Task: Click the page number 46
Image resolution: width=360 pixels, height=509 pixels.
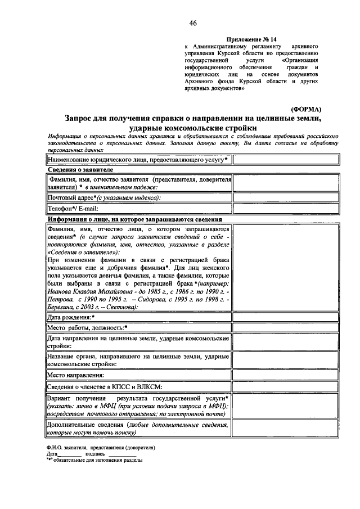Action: coord(193,23)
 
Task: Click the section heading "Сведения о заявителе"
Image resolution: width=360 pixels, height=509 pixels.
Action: coord(80,169)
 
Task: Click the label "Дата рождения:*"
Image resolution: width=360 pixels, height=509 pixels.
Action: coord(71,318)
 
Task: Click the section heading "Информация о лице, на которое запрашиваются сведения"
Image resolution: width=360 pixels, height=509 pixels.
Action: coord(134,219)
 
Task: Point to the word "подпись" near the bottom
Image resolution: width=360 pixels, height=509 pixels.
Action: coord(94,453)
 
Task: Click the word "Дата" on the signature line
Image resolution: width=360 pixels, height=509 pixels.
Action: coord(52,453)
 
